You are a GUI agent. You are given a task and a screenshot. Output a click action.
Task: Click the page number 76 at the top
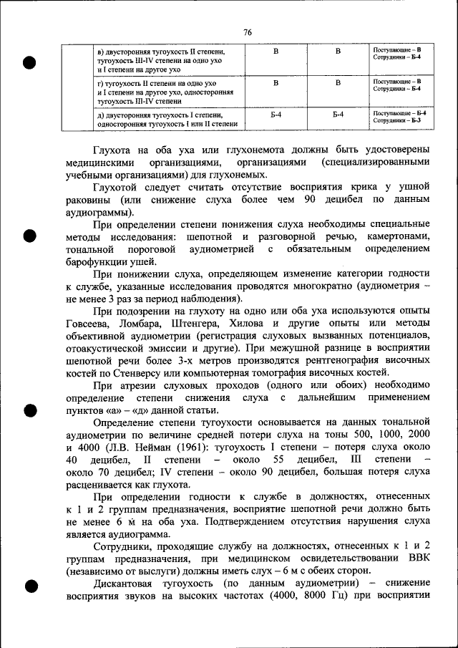coord(248,33)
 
